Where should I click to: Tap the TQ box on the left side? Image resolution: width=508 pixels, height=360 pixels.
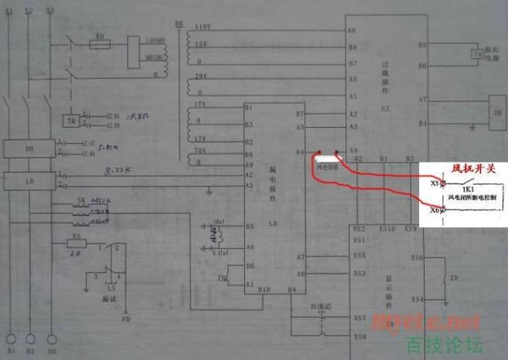tap(73, 119)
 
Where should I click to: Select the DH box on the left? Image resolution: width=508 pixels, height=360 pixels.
tap(29, 150)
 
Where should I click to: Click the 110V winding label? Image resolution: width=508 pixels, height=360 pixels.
tap(202, 28)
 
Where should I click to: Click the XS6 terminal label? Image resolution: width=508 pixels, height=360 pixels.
tap(417, 257)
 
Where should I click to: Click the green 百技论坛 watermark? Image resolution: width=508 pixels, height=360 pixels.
tap(444, 345)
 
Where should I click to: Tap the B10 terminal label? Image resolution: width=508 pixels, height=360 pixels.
tap(265, 291)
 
